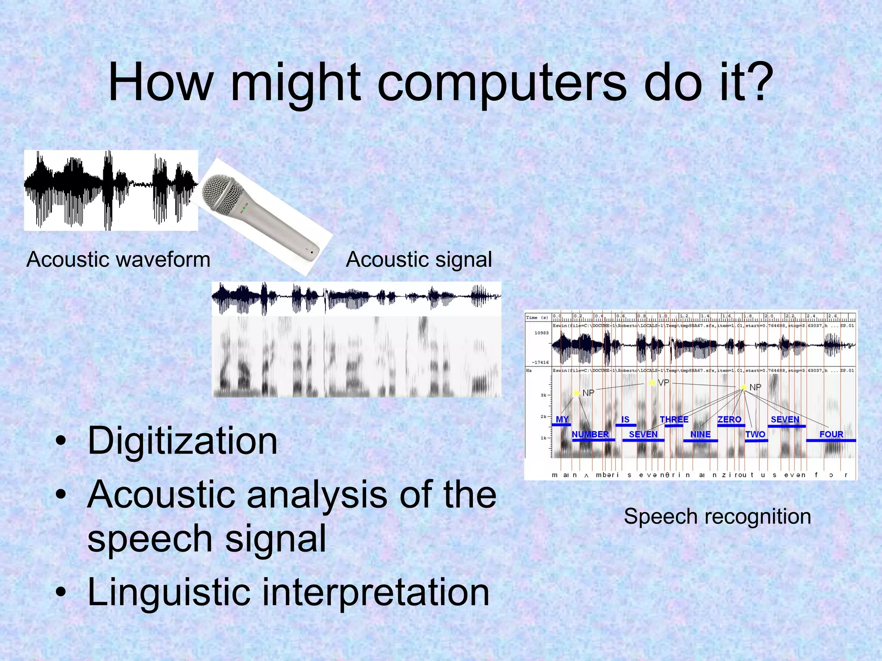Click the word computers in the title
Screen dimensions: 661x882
[x=502, y=83]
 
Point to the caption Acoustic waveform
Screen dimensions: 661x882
[x=118, y=259]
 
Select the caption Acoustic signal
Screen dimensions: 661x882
[x=419, y=259]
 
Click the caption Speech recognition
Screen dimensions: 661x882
[x=717, y=516]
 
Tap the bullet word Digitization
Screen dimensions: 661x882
[x=183, y=441]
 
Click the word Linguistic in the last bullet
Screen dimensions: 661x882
[x=168, y=593]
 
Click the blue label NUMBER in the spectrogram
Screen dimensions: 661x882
[x=590, y=434]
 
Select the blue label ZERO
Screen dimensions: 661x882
[x=729, y=419]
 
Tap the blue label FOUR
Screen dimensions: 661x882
[x=831, y=434]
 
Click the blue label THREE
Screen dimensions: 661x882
[x=674, y=419]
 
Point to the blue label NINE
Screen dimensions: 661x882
[x=700, y=434]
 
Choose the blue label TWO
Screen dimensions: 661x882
[x=755, y=434]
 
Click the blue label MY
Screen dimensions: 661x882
[x=562, y=419]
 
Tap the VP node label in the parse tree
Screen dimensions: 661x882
[x=663, y=383]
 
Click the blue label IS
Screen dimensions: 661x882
[x=625, y=419]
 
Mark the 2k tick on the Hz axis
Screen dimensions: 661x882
[x=543, y=417]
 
